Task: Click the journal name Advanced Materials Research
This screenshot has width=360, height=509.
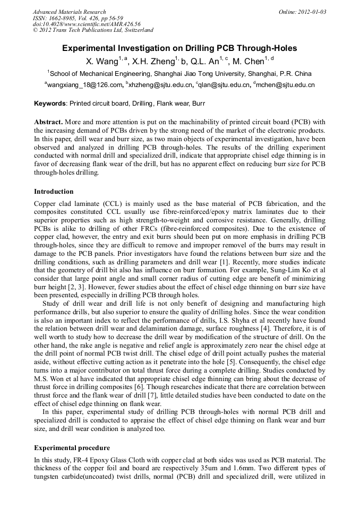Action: click(x=69, y=12)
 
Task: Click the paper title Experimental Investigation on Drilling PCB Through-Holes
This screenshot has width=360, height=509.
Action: click(x=179, y=48)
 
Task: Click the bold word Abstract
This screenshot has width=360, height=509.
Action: click(x=48, y=122)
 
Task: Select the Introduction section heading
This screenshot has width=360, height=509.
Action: click(x=54, y=192)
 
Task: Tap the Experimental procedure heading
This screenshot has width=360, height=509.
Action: click(x=72, y=448)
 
